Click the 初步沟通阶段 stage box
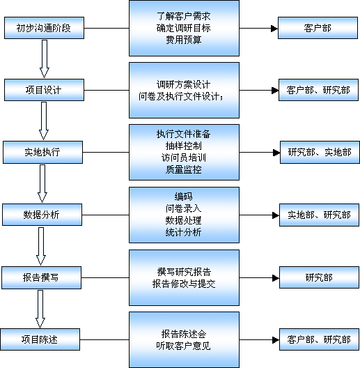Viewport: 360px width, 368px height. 44,28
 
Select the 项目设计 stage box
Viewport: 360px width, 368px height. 44,90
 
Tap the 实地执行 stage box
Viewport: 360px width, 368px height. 42,153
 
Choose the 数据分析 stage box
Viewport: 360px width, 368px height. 42,215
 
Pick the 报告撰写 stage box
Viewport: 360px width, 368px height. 42,277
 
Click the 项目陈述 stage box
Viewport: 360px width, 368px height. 40,339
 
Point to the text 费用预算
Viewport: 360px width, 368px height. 184,40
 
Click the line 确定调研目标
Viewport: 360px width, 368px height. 184,28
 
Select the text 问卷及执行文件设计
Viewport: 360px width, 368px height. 179,96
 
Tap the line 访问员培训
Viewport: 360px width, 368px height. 184,158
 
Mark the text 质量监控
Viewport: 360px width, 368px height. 184,169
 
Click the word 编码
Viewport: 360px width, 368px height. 184,197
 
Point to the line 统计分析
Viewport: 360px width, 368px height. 184,232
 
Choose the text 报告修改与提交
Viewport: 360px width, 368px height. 184,284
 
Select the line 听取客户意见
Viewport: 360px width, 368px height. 184,346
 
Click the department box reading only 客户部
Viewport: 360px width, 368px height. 318,28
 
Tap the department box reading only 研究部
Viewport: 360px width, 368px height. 319,277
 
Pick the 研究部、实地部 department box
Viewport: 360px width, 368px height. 320,153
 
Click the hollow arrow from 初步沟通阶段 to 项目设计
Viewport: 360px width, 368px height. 45,59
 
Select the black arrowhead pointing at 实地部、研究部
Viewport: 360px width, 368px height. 276,215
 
